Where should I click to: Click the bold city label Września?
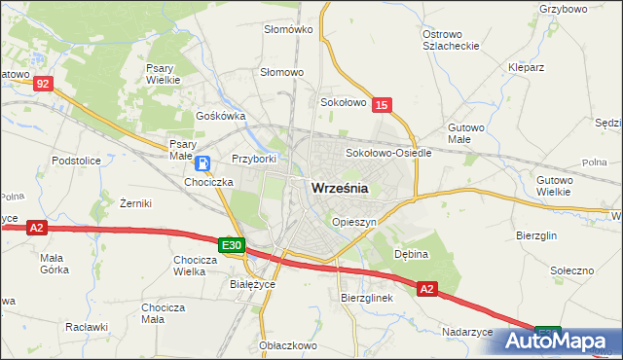[339, 190]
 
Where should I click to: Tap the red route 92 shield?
[41, 85]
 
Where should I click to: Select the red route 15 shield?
[382, 104]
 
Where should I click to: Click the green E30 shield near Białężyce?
[230, 245]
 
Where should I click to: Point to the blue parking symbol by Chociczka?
[202, 163]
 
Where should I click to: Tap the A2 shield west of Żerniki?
[36, 228]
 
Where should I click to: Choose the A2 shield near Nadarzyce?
[427, 288]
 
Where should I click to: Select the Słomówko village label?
[288, 29]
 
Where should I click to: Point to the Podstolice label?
[77, 159]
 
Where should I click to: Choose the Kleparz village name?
[526, 67]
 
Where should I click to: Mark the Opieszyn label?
[353, 222]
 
